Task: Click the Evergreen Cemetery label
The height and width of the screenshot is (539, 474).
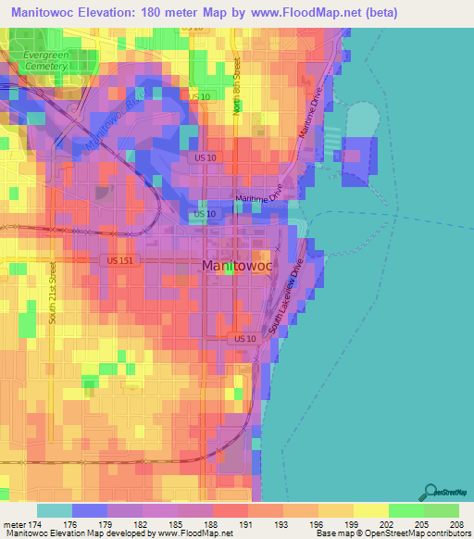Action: coord(45,61)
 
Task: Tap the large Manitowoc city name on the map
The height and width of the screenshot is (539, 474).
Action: coord(236,266)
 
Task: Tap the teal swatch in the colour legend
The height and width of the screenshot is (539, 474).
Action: coord(54,510)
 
